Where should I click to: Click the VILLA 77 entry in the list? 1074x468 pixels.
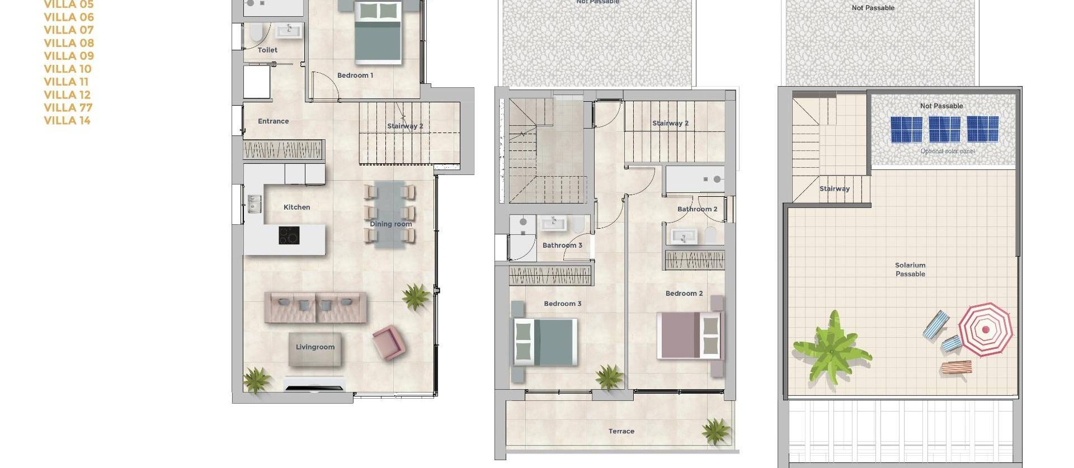[x=68, y=107]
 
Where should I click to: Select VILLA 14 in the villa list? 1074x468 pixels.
[x=67, y=120]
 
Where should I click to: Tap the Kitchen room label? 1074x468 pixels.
[x=296, y=207]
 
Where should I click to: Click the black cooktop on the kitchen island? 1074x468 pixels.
[x=289, y=235]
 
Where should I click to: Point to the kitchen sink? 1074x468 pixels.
[x=255, y=204]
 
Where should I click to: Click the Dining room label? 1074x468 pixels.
[x=390, y=224]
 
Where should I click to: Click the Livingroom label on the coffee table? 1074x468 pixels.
[x=315, y=347]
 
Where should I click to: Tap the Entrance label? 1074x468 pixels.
[x=273, y=121]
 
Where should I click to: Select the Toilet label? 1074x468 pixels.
[x=267, y=50]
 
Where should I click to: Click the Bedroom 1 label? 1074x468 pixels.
[x=355, y=75]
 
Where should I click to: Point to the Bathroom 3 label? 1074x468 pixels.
[x=562, y=245]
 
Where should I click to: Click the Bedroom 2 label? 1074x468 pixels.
[x=684, y=293]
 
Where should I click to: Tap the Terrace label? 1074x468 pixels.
[x=621, y=431]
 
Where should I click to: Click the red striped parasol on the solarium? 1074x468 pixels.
[x=985, y=329]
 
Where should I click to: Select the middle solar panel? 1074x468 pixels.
[x=944, y=129]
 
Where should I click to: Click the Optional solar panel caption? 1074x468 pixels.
[x=947, y=151]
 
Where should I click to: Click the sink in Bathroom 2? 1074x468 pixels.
[x=683, y=237]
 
